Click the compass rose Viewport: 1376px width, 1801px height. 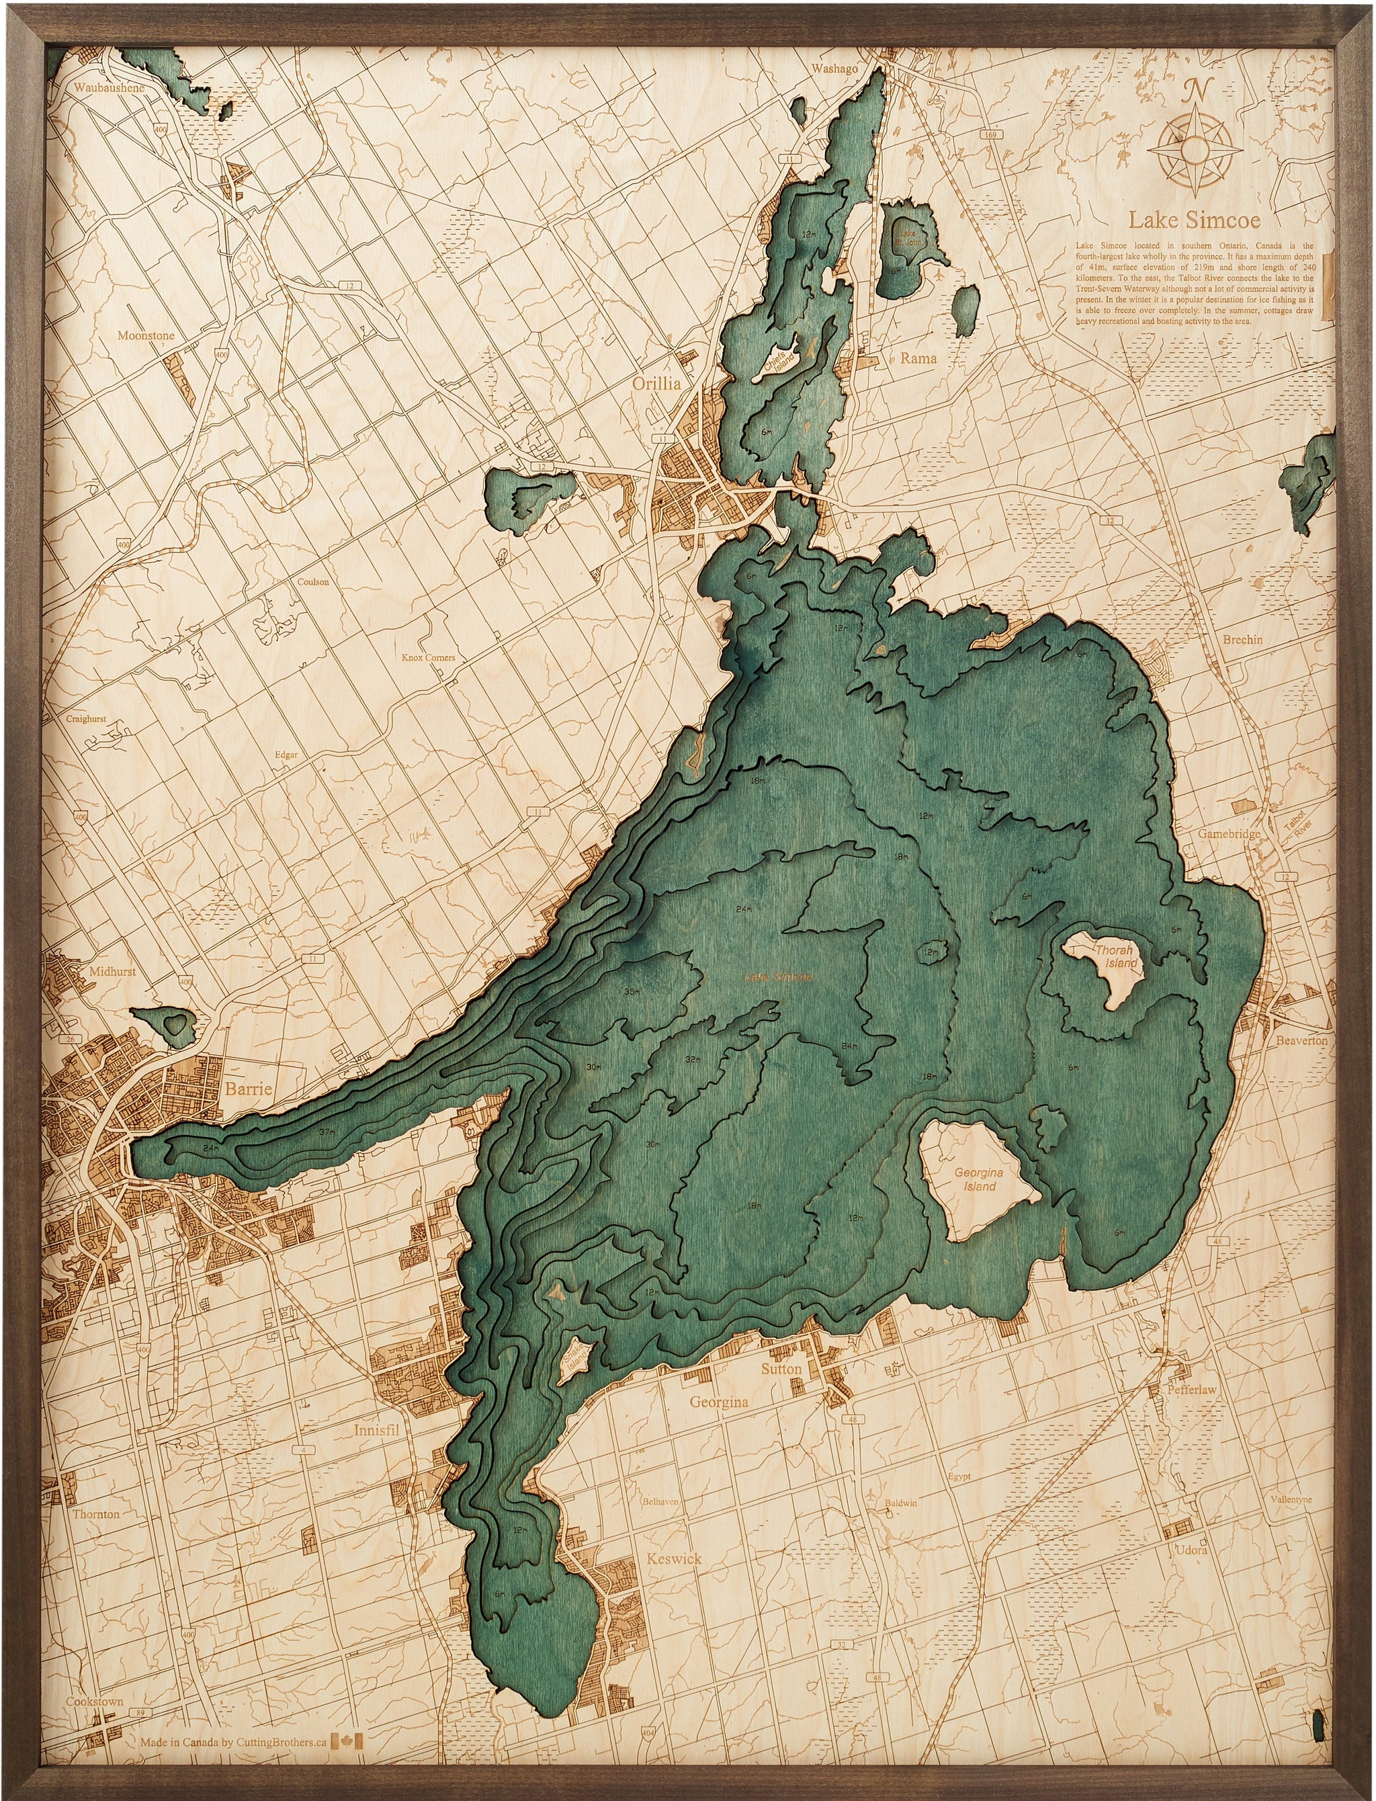click(1197, 147)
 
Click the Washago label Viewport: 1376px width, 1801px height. click(834, 69)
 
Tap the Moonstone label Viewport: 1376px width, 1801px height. click(146, 336)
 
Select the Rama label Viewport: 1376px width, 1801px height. click(918, 358)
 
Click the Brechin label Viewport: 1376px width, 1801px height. click(1242, 640)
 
